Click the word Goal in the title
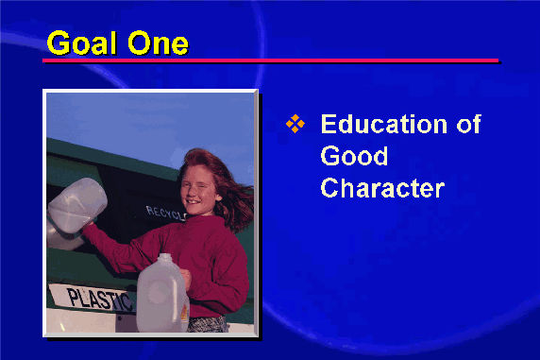[81, 43]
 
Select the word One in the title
[158, 43]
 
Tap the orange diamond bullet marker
[295, 124]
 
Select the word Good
[354, 156]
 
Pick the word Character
[382, 188]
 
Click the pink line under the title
[271, 60]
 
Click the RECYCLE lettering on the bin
[166, 213]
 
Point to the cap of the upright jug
[164, 258]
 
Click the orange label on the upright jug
[185, 313]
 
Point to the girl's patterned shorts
[208, 324]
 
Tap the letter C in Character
[329, 188]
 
